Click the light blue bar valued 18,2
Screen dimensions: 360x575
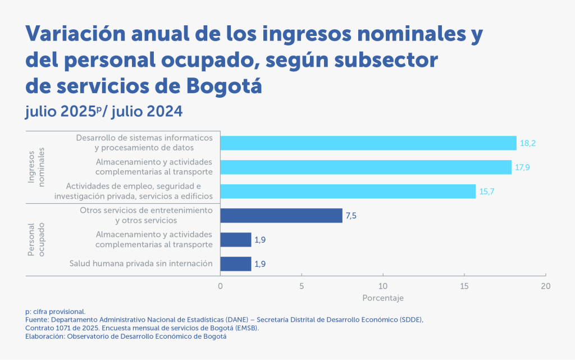[368, 143]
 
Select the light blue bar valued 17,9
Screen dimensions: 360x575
[366, 167]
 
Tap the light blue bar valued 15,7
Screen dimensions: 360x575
[348, 192]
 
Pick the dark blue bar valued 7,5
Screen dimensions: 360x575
[281, 216]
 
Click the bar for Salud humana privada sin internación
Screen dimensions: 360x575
[235, 263]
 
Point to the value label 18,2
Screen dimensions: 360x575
[528, 144]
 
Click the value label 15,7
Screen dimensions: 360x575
[487, 192]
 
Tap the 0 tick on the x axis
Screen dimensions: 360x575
[220, 286]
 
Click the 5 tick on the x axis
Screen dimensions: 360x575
[302, 286]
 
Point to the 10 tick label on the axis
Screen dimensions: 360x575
[383, 286]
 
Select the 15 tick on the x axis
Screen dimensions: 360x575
[464, 286]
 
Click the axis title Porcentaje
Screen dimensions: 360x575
[383, 298]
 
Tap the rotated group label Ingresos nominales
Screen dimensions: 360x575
[36, 167]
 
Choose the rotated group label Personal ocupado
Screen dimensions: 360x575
[36, 239]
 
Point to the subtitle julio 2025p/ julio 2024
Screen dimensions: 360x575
[104, 111]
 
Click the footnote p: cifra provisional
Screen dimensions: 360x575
[55, 311]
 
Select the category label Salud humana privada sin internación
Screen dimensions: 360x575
[141, 263]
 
